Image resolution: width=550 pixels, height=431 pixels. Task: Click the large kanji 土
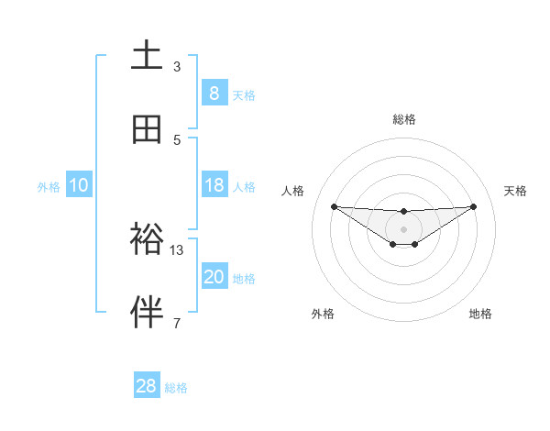click(x=148, y=56)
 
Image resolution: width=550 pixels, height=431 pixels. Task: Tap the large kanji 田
click(x=148, y=128)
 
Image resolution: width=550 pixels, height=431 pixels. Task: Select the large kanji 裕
click(x=148, y=239)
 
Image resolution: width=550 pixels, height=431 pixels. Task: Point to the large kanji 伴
click(x=148, y=313)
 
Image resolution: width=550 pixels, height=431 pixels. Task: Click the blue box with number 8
click(x=214, y=93)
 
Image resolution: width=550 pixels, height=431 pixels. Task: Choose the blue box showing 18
click(x=214, y=185)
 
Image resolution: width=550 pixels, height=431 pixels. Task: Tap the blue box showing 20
click(x=214, y=277)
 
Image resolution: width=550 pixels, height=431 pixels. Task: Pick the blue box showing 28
click(x=147, y=386)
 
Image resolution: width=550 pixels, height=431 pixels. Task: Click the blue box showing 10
click(x=79, y=185)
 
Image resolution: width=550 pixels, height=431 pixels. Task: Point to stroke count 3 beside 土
click(x=177, y=67)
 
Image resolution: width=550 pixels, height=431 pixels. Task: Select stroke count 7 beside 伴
click(x=177, y=323)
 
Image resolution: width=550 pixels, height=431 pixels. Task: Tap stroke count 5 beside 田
click(x=177, y=139)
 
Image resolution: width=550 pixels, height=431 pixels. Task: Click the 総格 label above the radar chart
click(x=403, y=119)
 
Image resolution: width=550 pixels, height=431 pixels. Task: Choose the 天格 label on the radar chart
click(x=516, y=191)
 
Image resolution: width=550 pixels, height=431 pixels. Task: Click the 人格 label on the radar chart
click(x=293, y=191)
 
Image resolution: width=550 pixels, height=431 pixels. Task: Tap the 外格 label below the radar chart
click(x=323, y=314)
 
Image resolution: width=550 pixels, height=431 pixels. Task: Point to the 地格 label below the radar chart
click(x=480, y=314)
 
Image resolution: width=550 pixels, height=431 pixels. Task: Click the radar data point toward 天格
click(x=473, y=206)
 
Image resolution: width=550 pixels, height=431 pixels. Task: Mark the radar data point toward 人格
click(x=334, y=206)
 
